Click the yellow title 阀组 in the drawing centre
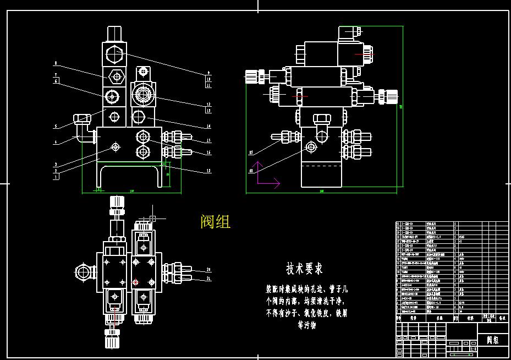(x=216, y=222)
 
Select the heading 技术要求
(x=304, y=269)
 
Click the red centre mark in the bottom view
(x=136, y=282)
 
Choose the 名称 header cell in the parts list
(x=439, y=318)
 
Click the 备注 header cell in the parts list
(x=501, y=318)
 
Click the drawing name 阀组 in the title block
(x=493, y=340)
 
